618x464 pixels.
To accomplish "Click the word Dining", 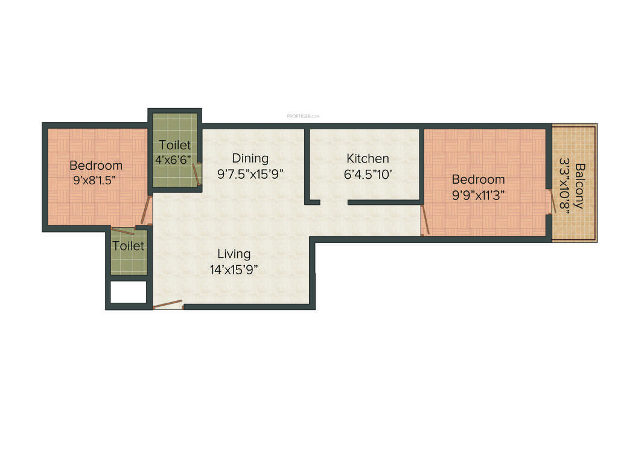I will (x=250, y=158).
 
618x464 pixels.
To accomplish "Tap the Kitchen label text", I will (x=368, y=158).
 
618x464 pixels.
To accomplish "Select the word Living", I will (x=234, y=254).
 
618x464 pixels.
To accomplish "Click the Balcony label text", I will (x=579, y=185).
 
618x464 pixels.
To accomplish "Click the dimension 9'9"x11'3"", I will (x=478, y=195).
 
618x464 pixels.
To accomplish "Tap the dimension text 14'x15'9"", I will (x=234, y=270).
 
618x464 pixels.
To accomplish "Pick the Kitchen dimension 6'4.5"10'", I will (x=368, y=174).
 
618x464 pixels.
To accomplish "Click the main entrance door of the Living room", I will (x=168, y=304).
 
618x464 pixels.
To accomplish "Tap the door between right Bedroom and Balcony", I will (x=552, y=202).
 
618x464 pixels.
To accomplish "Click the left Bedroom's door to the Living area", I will (x=145, y=213).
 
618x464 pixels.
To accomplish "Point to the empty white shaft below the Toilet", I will (x=129, y=292).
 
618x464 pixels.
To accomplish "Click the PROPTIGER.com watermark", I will (x=303, y=116).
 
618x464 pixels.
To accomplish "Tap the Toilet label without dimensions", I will (x=129, y=246).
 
